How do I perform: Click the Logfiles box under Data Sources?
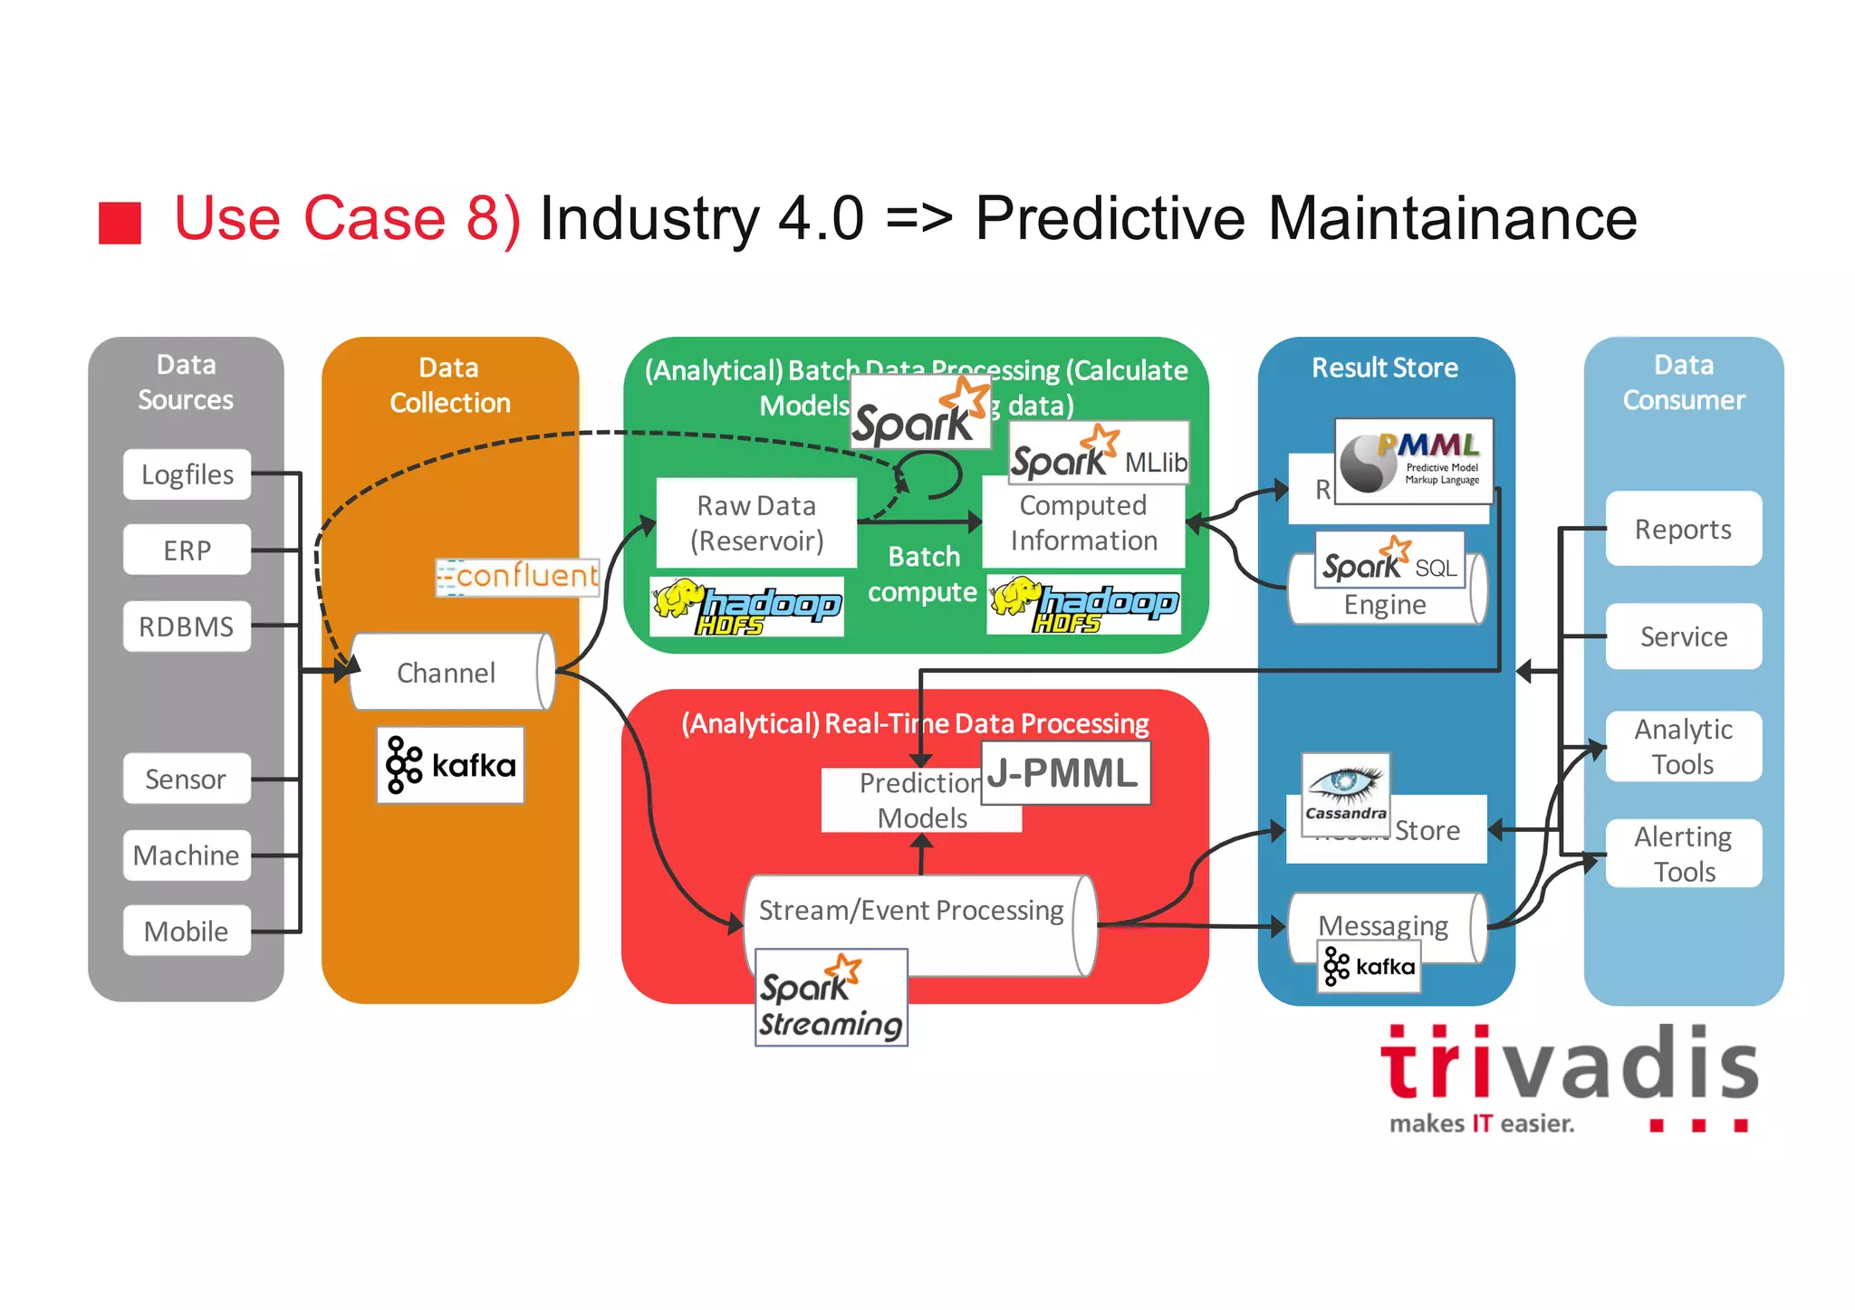click(x=187, y=474)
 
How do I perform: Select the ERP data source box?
click(x=187, y=550)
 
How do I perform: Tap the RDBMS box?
click(x=187, y=626)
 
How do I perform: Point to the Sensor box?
click(x=187, y=779)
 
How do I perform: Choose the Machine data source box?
click(x=187, y=856)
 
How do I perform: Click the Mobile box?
click(x=187, y=931)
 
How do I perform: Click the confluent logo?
click(x=517, y=577)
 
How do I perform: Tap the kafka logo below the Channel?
click(x=450, y=765)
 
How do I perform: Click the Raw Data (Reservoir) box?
click(x=756, y=523)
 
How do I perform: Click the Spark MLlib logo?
click(x=1099, y=453)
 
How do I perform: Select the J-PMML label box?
click(x=1064, y=773)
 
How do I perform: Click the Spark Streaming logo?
click(x=831, y=998)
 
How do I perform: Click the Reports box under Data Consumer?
click(x=1683, y=529)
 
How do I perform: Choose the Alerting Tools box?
click(x=1683, y=853)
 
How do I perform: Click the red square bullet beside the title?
click(x=120, y=223)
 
